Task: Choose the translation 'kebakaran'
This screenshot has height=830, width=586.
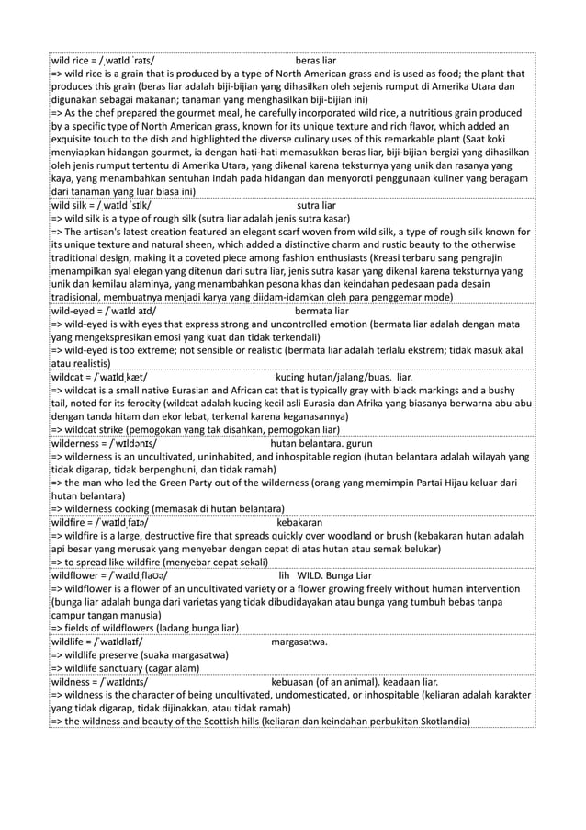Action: coord(299,522)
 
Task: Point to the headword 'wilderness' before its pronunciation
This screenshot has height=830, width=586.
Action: coord(76,442)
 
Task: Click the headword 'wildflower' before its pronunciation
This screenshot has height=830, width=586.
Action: coord(77,575)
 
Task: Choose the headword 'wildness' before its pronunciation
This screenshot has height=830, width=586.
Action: coord(72,682)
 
